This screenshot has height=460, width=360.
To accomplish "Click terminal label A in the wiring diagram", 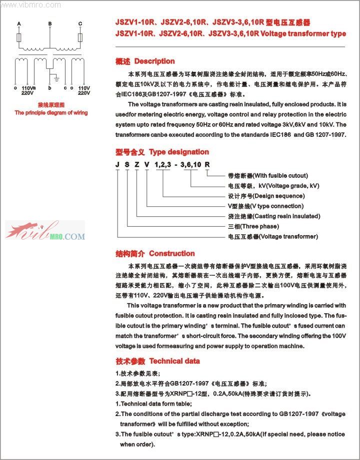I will tap(19, 24).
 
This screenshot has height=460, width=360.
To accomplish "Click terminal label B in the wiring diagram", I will tap(50, 24).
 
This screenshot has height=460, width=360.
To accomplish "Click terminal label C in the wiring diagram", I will tap(80, 24).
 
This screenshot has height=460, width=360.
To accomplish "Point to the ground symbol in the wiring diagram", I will tap(57, 79).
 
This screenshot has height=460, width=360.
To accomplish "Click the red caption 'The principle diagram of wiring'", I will tap(51, 113).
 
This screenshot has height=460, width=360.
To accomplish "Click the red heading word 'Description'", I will tap(154, 61).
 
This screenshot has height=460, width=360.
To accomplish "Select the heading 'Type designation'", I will tap(179, 152).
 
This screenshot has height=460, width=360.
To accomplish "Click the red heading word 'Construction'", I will tap(172, 254).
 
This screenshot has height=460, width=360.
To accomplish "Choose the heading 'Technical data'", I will tap(174, 361).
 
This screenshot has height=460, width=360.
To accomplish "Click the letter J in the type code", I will tap(117, 165).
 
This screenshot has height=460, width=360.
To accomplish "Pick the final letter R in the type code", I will tap(207, 165).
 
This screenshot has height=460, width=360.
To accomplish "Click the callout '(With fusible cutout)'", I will tap(279, 176).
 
